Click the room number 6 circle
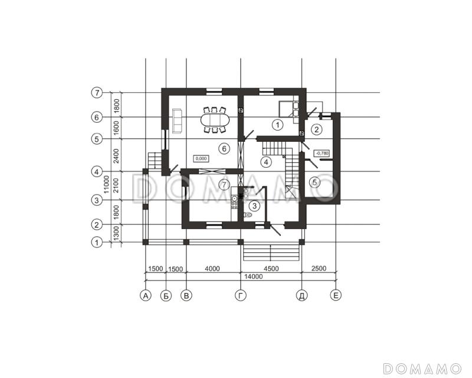click(x=224, y=149)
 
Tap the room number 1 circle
click(x=277, y=125)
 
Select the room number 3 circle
click(x=255, y=206)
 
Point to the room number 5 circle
click(x=315, y=182)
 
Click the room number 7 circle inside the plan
click(x=224, y=184)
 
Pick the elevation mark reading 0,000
click(x=201, y=158)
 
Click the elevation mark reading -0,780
click(x=322, y=153)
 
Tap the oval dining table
click(x=215, y=120)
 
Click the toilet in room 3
click(x=247, y=215)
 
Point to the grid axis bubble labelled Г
click(x=241, y=296)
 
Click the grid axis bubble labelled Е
click(x=336, y=295)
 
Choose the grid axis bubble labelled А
click(x=146, y=296)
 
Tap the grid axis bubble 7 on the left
click(x=97, y=93)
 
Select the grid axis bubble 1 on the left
click(x=97, y=242)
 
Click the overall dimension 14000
click(x=254, y=276)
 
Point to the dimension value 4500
click(x=271, y=268)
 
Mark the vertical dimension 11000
click(x=106, y=185)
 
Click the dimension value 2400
click(x=116, y=156)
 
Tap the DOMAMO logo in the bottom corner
click(x=422, y=369)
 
